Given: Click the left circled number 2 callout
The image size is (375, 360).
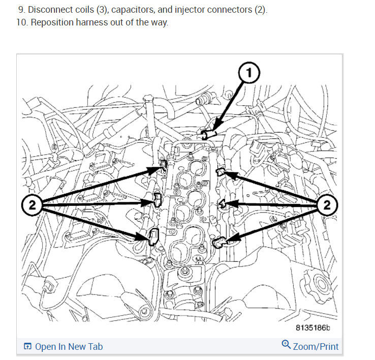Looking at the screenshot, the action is (32, 205).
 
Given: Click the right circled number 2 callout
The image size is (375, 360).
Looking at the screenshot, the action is (327, 205).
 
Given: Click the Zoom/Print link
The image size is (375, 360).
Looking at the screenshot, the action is (316, 347).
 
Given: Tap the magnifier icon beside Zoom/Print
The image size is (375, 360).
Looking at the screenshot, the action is (286, 345).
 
